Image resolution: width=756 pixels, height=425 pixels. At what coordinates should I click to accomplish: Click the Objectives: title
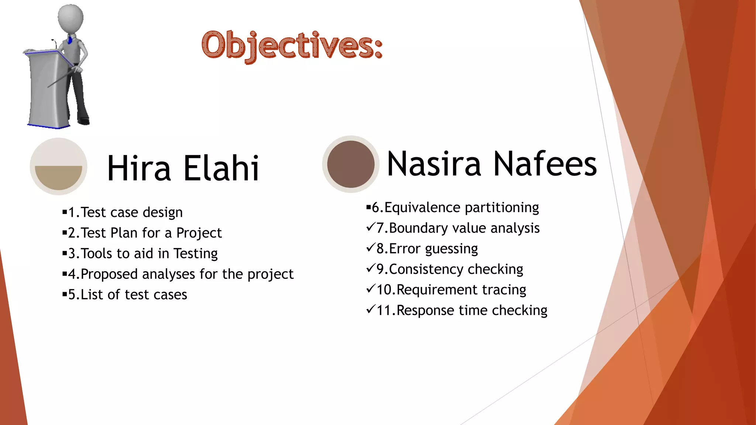tap(292, 46)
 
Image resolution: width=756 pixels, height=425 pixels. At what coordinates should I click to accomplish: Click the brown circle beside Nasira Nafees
tap(351, 164)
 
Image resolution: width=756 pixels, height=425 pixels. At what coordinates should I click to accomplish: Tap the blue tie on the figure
tap(70, 40)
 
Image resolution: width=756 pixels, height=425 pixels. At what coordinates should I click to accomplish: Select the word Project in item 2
tap(199, 233)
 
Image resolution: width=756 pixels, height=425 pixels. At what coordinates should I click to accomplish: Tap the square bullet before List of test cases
tap(65, 294)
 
